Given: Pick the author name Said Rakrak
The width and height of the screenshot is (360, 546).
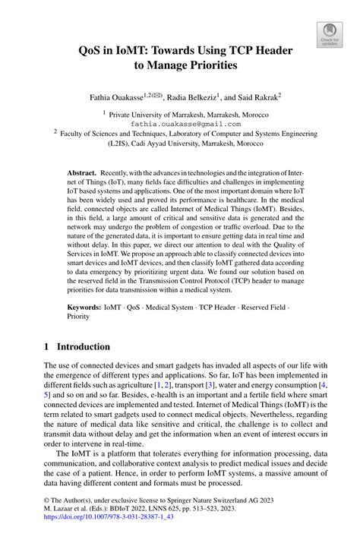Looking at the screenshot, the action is (x=257, y=96).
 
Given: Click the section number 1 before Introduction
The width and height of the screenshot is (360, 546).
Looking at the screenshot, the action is (x=46, y=346).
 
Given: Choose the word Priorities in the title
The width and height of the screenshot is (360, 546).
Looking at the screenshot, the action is (x=207, y=66).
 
